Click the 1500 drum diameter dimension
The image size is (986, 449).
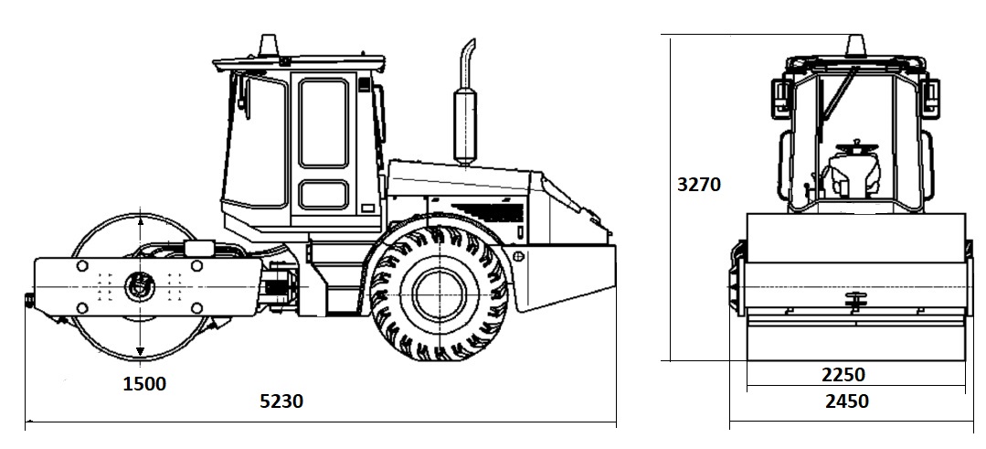144,383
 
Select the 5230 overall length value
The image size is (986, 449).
281,401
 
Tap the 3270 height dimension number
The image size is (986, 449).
699,184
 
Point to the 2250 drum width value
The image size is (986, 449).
843,375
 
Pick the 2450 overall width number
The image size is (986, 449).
847,401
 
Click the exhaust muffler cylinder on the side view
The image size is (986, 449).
465,126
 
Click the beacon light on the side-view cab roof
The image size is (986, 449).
268,45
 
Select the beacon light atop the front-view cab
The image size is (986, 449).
855,45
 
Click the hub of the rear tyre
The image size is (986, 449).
440,294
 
